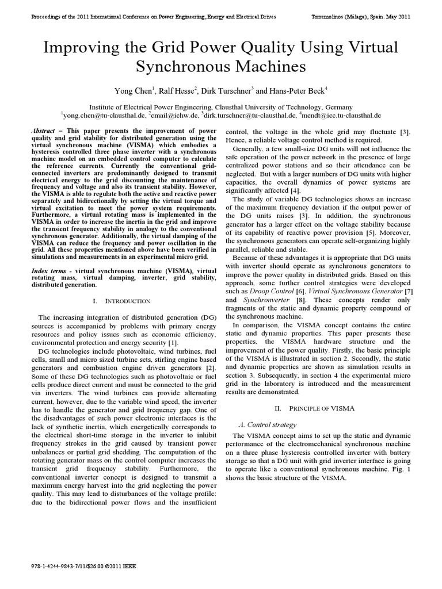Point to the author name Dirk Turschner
pyautogui.click(x=228, y=90)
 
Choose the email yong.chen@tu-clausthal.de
pyautogui.click(x=104, y=115)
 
